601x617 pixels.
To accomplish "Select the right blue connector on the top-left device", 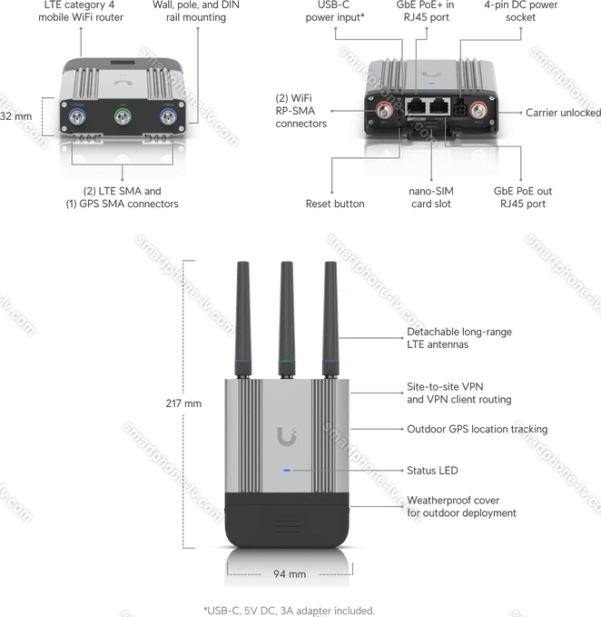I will [166, 116].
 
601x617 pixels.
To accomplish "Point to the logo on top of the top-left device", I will [123, 78].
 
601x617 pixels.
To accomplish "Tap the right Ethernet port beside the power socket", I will [438, 105].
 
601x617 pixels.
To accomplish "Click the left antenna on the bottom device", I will [243, 309].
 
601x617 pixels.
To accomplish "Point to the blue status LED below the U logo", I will [287, 471].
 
